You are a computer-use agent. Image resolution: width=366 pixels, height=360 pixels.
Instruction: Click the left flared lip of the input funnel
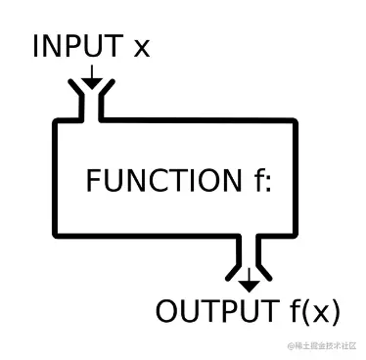(74, 93)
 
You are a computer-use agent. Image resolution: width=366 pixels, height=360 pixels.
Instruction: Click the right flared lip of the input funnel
(106, 93)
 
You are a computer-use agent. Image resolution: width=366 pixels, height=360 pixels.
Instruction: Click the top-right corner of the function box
(293, 123)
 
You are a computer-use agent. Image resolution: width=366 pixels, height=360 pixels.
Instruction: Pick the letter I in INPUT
(36, 46)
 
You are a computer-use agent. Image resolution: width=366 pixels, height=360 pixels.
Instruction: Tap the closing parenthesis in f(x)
(336, 313)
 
